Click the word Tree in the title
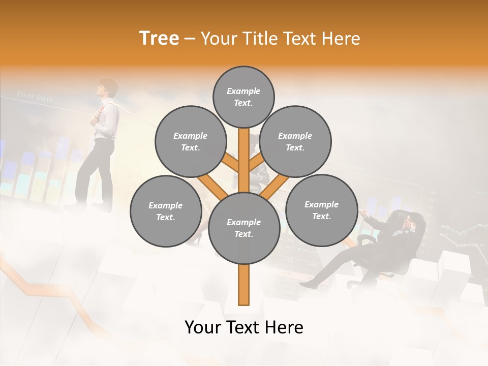pos(159,38)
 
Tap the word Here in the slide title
pos(342,38)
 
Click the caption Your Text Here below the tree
pos(243,327)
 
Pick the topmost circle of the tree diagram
pos(243,97)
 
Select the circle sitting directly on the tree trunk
pos(244,228)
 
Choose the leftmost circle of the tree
pos(166,211)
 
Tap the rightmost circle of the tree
pos(321,210)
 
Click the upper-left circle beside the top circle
pos(190,141)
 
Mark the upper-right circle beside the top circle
pos(295,141)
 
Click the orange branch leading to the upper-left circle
pos(230,163)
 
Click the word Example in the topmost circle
pos(243,91)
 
